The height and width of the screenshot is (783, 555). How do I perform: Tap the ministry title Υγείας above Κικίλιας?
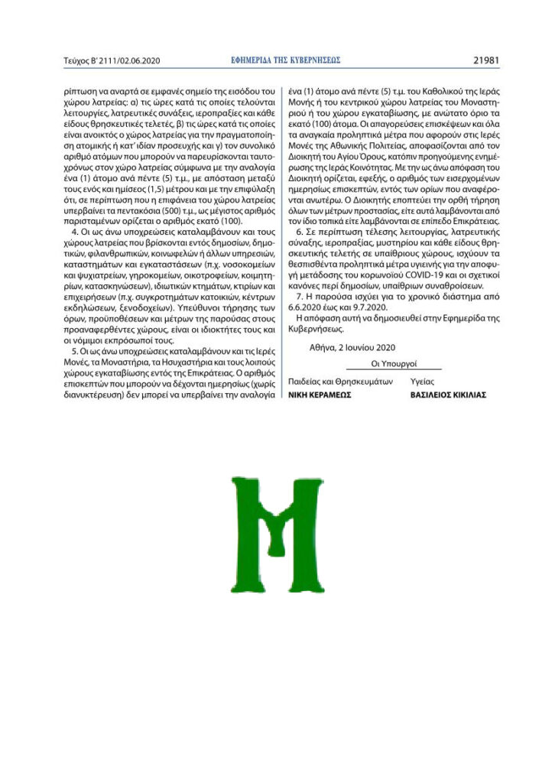click(423, 381)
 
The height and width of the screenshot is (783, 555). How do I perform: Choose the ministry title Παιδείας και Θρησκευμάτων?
click(340, 381)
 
